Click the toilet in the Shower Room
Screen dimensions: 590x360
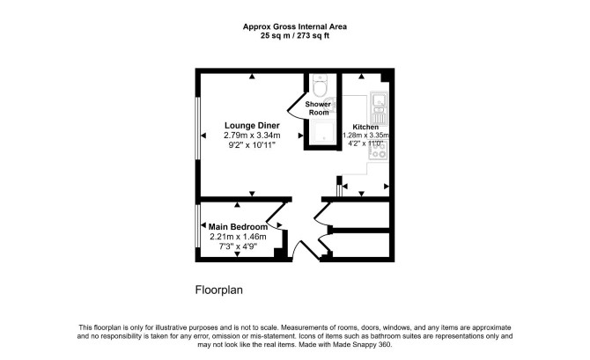tap(321, 85)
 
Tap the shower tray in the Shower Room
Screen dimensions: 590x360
tap(323, 131)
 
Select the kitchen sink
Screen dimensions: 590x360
tap(379, 107)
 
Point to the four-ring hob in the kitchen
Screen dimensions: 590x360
tap(378, 151)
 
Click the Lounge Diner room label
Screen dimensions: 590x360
tap(252, 126)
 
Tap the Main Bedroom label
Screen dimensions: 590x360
tap(238, 227)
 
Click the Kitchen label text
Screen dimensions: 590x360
tap(365, 127)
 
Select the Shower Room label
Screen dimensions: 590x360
tap(318, 108)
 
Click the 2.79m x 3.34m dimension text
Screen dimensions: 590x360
tap(252, 135)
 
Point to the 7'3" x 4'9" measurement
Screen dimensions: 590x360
tap(238, 246)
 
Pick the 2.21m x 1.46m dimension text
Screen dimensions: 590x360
tap(238, 237)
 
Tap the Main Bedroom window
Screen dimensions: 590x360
tap(197, 226)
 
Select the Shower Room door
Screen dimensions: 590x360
tap(296, 104)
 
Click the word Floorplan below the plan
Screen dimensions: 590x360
tap(219, 290)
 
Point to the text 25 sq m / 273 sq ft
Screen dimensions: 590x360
tap(295, 36)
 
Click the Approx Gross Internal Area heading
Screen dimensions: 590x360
tap(295, 26)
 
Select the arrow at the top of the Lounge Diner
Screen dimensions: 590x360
tap(252, 77)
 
